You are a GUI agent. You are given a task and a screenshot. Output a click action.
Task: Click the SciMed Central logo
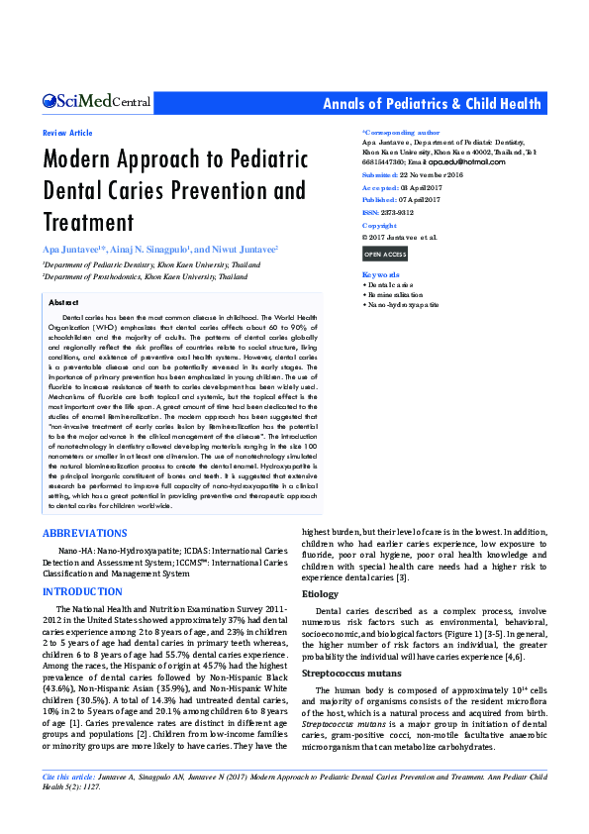pos(96,102)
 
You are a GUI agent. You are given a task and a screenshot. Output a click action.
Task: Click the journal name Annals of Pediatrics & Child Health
pos(433,104)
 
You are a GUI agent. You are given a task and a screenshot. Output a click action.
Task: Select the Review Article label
pos(67,133)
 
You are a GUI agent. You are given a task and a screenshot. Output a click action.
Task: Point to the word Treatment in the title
pos(88,221)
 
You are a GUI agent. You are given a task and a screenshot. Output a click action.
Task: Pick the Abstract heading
pos(63,301)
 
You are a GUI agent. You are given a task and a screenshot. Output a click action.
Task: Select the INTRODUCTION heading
pos(82,591)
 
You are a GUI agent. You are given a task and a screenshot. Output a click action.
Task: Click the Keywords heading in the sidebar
pos(381,274)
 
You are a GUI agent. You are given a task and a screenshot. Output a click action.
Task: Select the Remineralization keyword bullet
pos(398,294)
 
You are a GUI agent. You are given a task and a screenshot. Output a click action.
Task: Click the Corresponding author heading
pos(401,132)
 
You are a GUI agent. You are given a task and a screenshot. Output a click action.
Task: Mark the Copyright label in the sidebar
pos(379,226)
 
